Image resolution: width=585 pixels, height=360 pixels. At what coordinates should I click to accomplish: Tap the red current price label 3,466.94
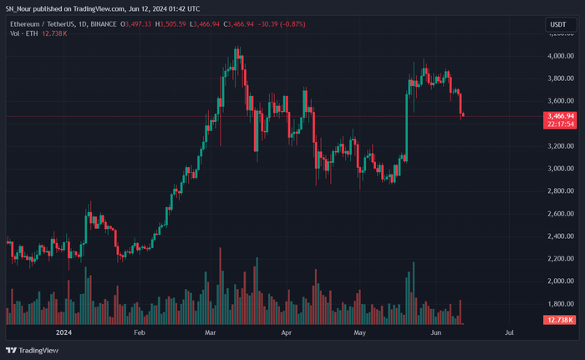[561, 116]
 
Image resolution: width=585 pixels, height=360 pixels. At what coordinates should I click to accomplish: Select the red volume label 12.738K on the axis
[560, 320]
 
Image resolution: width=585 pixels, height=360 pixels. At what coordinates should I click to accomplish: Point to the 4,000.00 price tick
[561, 56]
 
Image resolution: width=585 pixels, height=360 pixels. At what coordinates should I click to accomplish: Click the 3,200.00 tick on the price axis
[561, 146]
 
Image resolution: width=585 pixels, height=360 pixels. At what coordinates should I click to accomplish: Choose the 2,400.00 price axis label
[561, 236]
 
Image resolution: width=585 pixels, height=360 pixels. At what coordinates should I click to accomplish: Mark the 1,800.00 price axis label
[561, 304]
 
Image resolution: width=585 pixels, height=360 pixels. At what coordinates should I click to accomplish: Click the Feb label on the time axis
[140, 332]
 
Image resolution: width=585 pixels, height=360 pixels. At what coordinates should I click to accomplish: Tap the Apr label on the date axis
[286, 332]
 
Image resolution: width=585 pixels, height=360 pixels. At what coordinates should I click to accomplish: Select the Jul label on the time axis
[509, 332]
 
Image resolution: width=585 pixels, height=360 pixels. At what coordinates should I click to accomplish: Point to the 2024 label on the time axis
[64, 332]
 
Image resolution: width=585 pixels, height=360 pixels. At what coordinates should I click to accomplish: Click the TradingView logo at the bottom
[32, 350]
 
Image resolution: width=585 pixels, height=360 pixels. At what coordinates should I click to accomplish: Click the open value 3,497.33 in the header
[138, 24]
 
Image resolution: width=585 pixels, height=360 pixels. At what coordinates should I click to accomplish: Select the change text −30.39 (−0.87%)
[282, 24]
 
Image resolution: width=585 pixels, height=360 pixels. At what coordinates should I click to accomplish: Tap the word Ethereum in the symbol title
[24, 24]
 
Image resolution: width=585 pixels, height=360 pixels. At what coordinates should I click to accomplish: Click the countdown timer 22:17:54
[561, 124]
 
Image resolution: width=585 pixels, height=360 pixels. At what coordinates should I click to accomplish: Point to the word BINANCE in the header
[104, 24]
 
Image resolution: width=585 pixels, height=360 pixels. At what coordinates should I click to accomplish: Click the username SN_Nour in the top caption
[18, 8]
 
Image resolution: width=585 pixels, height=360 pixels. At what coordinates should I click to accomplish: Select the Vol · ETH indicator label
[24, 33]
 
